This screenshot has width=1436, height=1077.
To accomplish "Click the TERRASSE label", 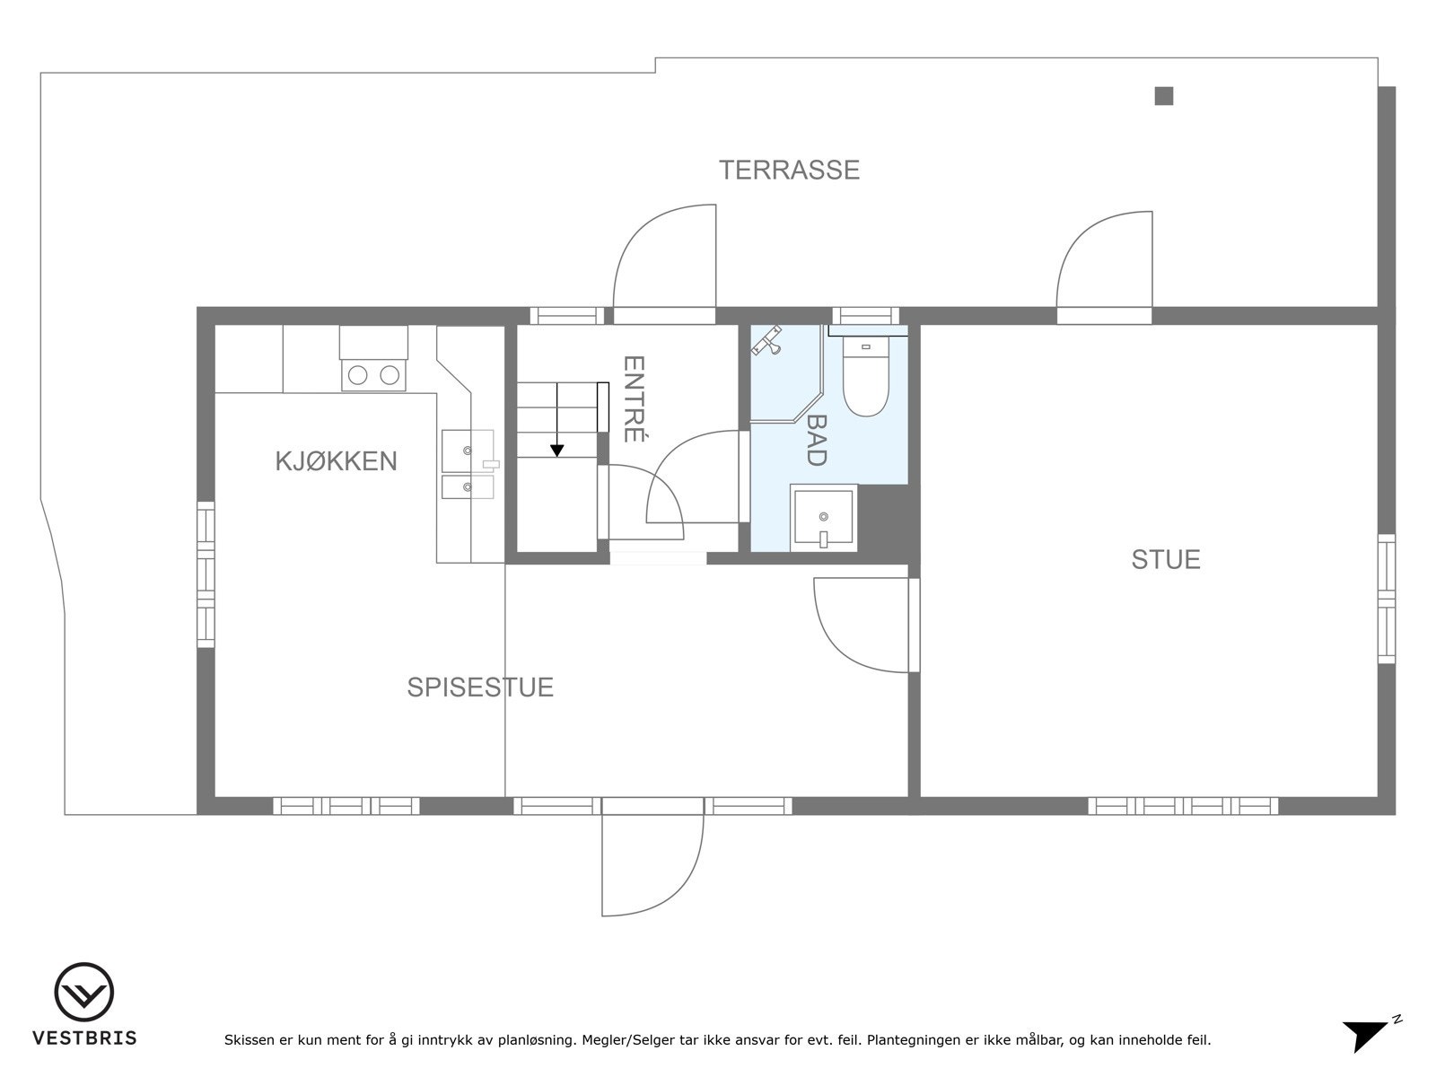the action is point(789,170).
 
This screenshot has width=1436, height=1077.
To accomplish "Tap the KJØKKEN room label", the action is point(336,461).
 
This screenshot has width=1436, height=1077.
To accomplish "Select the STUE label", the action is point(1166,560).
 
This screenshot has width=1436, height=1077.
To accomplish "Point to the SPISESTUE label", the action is point(480,687).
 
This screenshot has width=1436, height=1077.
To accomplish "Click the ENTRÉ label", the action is point(634,398).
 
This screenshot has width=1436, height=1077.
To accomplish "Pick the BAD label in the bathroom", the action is point(816,440).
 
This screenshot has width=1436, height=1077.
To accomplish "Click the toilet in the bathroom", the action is point(865,376).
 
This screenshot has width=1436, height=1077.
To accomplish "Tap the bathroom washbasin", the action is point(824,518).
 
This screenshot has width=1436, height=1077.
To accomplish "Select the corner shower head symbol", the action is point(766,341).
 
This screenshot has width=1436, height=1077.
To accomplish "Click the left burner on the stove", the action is point(357,375).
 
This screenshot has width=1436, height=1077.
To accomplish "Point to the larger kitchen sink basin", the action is point(468,451).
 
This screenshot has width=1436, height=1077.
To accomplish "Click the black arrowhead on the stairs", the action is point(556,451).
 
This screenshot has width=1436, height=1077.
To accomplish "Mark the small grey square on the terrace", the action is point(1164,96).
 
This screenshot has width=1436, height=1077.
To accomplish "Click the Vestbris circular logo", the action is point(83,992).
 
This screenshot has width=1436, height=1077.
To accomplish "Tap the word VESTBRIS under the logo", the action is point(84,1038).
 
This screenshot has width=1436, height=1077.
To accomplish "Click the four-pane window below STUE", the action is point(1183,806).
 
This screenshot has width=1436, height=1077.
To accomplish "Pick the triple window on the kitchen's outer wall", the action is point(206,574).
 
